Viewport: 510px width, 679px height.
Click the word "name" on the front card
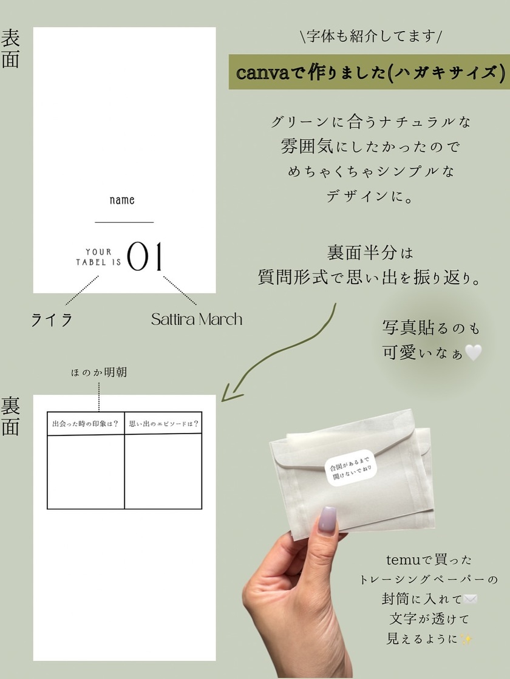(x=122, y=200)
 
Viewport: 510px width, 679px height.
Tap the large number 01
(x=144, y=256)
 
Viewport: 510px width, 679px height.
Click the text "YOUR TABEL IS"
(x=98, y=257)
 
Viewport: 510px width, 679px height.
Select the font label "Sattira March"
(x=197, y=319)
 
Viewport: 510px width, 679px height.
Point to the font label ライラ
(x=52, y=320)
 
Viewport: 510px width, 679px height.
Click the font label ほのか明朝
(x=99, y=372)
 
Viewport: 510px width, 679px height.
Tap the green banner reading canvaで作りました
(x=369, y=72)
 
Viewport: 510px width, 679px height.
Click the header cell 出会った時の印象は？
(x=85, y=423)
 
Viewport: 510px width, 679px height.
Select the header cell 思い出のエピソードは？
(x=164, y=423)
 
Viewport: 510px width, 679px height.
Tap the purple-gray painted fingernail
(x=328, y=520)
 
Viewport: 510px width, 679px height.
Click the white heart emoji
(x=473, y=352)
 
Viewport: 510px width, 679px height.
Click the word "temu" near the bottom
(x=403, y=560)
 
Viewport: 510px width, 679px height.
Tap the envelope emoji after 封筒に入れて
(x=470, y=599)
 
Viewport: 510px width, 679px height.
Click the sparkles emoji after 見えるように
(x=467, y=639)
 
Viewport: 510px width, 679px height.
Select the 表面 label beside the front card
(x=10, y=49)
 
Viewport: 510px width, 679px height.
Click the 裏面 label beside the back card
(x=10, y=416)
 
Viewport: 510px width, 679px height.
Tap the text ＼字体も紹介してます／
(x=370, y=36)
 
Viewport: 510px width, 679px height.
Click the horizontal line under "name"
(x=124, y=222)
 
